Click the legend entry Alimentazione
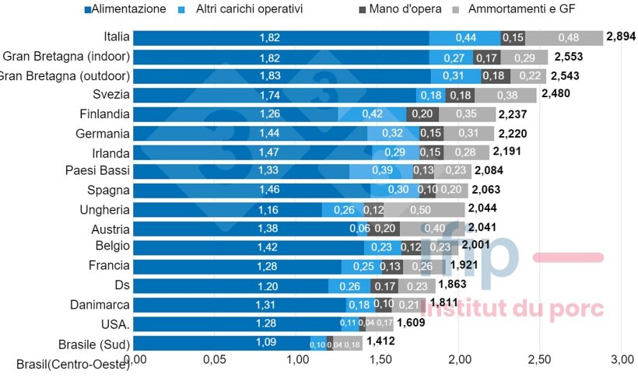pos(128,10)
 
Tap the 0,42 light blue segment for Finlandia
pos(372,114)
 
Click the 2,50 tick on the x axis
pos(539,359)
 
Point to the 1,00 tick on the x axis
pos(298,359)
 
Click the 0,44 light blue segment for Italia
pos(465,37)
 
